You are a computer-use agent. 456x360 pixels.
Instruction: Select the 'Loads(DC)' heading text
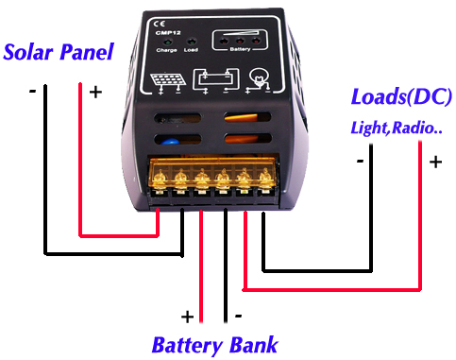click(x=401, y=96)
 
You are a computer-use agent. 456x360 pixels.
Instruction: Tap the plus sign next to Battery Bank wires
click(x=187, y=316)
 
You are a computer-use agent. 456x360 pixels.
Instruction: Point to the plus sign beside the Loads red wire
click(x=435, y=162)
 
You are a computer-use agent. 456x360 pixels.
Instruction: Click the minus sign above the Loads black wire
click(x=361, y=161)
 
